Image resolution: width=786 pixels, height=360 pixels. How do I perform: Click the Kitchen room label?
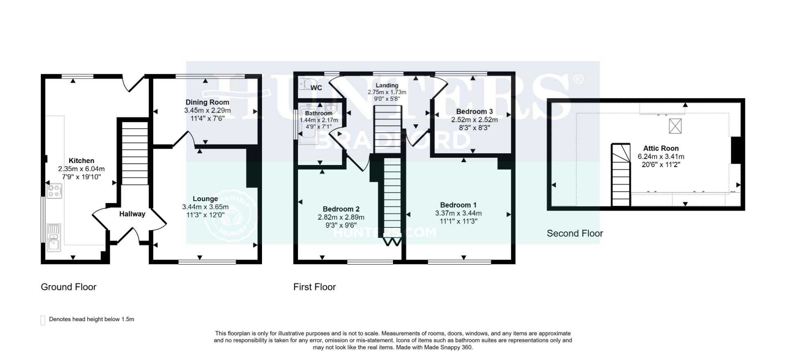pyautogui.click(x=81, y=161)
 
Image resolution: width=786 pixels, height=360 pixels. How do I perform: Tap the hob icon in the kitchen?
pyautogui.click(x=54, y=191)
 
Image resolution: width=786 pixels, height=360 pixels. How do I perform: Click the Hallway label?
pyautogui.click(x=132, y=214)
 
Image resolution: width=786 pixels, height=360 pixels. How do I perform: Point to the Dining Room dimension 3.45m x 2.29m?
pyautogui.click(x=207, y=111)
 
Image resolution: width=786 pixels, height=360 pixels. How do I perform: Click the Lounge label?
pyautogui.click(x=205, y=199)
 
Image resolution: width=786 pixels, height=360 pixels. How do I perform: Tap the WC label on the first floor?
pyautogui.click(x=316, y=88)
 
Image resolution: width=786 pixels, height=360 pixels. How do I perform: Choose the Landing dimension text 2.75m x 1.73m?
pyautogui.click(x=387, y=92)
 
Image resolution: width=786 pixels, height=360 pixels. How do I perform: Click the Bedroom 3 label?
pyautogui.click(x=474, y=111)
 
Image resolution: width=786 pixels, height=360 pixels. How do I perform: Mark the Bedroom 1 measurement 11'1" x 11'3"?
pyautogui.click(x=458, y=221)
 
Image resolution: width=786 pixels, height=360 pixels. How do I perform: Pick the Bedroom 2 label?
pyautogui.click(x=341, y=209)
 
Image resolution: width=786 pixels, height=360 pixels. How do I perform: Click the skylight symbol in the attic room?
pyautogui.click(x=675, y=126)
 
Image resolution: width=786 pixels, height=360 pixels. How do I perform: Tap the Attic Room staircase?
pyautogui.click(x=621, y=176)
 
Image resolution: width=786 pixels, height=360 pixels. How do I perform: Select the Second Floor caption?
pyautogui.click(x=575, y=233)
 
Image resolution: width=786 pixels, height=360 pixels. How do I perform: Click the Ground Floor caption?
pyautogui.click(x=68, y=287)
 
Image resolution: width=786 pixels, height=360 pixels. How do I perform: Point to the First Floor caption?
pyautogui.click(x=314, y=287)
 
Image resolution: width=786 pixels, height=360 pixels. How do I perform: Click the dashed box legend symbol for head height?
pyautogui.click(x=43, y=320)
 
